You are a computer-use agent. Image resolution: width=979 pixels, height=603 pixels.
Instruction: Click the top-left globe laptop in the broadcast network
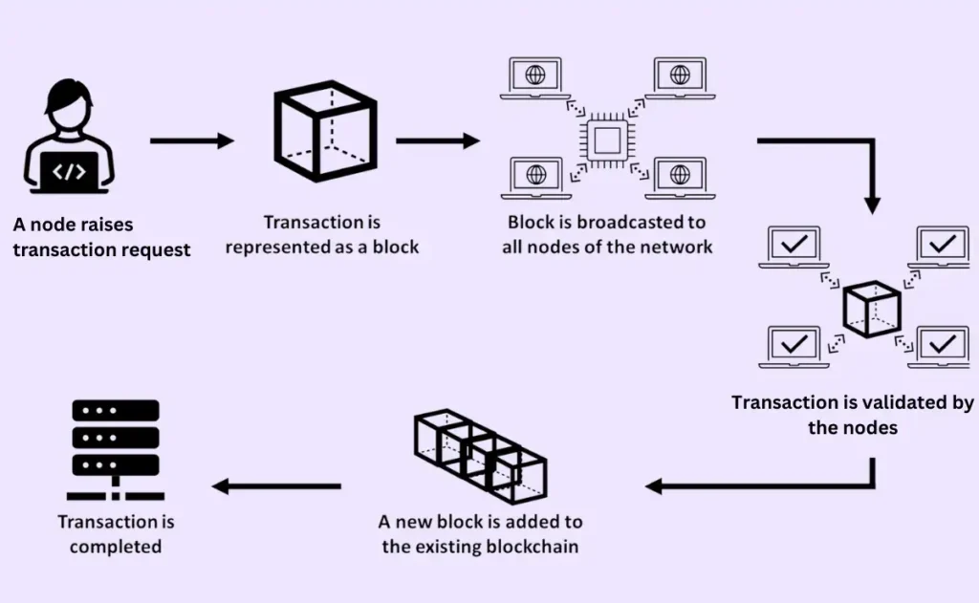pyautogui.click(x=535, y=76)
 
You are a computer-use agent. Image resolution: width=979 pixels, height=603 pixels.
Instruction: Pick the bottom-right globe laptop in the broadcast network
pyautogui.click(x=680, y=177)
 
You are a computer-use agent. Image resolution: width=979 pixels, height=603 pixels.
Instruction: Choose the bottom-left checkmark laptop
pyautogui.click(x=794, y=346)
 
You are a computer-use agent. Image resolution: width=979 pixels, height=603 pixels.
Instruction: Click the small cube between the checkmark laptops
pyautogui.click(x=869, y=309)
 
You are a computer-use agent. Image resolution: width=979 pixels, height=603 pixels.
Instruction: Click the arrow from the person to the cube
pyautogui.click(x=192, y=141)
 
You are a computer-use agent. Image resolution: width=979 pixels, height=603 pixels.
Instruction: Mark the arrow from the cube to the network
pyautogui.click(x=437, y=141)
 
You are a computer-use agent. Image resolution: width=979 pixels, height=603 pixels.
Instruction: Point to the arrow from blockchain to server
pyautogui.click(x=276, y=486)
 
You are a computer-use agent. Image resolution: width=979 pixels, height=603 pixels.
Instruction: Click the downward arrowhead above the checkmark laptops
pyautogui.click(x=872, y=203)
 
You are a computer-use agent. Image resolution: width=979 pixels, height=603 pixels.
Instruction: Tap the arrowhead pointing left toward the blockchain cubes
pyautogui.click(x=656, y=486)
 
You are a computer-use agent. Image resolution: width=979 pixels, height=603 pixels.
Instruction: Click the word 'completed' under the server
pyautogui.click(x=116, y=547)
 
